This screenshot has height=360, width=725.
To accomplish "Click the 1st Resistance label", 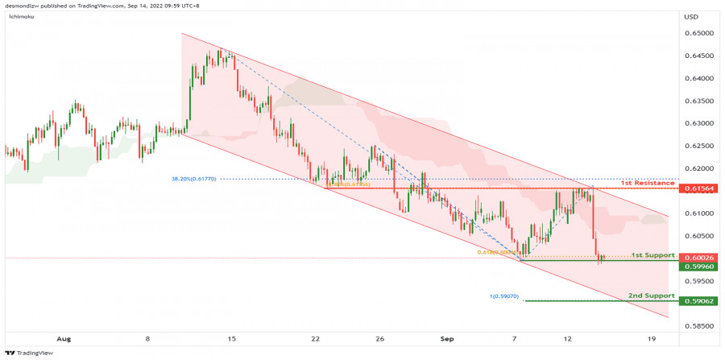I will (x=647, y=184).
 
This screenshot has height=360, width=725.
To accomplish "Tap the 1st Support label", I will (x=652, y=254).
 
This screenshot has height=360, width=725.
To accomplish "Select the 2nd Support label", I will (x=651, y=296).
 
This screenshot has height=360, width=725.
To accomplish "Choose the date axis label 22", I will (x=315, y=340).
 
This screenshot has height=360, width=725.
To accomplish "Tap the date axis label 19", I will (x=650, y=340).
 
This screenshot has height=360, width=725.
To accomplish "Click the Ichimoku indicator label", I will (x=19, y=17).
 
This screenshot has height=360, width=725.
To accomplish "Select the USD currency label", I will (x=690, y=17).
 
